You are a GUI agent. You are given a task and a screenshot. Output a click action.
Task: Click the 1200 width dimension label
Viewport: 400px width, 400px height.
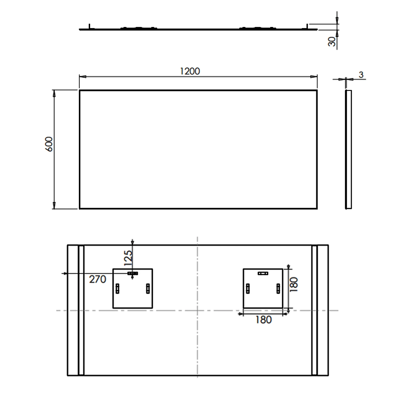point(190,71)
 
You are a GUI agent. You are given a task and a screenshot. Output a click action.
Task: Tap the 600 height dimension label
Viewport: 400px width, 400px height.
point(49,144)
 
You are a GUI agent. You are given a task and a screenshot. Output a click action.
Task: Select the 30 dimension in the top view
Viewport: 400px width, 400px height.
point(332,42)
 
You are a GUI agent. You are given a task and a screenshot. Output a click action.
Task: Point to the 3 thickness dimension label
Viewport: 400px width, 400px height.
point(361,75)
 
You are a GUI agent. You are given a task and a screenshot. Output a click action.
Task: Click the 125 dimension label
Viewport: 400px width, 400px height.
point(128,258)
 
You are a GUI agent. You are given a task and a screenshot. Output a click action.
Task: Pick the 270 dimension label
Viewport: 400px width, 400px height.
point(98,279)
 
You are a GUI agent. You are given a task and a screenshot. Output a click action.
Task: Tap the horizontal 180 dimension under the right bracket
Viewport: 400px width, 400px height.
point(263,320)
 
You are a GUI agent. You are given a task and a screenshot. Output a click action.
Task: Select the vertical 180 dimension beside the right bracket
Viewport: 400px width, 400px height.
point(294,284)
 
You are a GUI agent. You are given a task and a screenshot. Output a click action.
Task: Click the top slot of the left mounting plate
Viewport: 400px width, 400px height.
point(133,273)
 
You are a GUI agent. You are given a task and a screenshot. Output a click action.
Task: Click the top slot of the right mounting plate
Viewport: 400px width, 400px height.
point(263,273)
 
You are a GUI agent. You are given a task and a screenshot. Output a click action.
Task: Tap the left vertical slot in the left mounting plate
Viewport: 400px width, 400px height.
point(117,289)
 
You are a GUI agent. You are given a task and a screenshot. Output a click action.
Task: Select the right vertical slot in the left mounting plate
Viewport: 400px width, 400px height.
point(148,289)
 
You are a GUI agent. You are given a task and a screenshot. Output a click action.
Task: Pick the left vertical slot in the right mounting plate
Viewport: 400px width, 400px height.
point(248,289)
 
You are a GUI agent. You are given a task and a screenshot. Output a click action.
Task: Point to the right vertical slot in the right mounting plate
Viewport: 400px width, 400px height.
point(278,289)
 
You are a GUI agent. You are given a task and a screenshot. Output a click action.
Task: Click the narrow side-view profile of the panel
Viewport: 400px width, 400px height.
point(348,149)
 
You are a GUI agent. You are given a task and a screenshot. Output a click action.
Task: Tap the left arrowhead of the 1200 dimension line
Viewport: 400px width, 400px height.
point(83,77)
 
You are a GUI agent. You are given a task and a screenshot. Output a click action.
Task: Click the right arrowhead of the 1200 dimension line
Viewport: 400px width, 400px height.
point(314,77)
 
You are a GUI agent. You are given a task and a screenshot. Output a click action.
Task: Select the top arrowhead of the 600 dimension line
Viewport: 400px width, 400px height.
point(54,93)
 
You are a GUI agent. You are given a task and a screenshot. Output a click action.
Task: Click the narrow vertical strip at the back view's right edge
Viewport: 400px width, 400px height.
point(314,310)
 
